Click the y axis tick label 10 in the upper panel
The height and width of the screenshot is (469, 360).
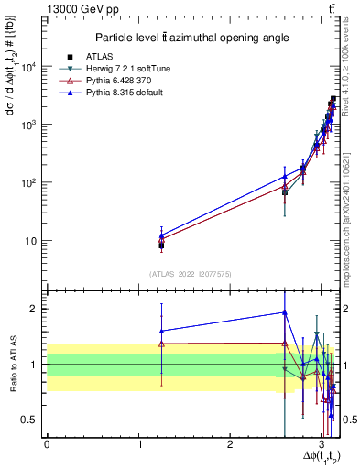tap(32, 241)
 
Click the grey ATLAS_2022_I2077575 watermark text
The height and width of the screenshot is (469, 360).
tap(191, 273)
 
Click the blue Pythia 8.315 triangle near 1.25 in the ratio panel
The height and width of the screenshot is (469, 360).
tap(161, 331)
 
